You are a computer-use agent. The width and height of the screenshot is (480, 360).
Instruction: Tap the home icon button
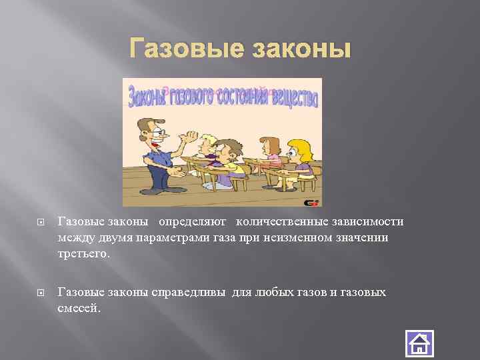[x=419, y=344]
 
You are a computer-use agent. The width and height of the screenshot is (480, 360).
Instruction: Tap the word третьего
[x=82, y=254]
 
